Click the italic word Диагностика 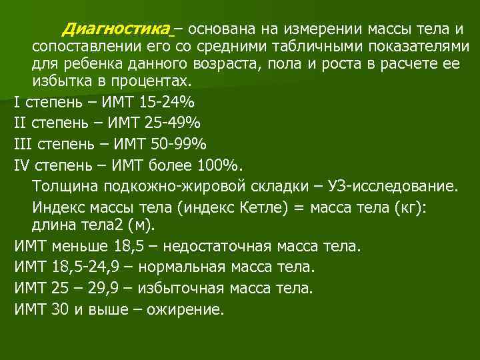pyautogui.click(x=117, y=29)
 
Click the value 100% pyautogui.click(x=223, y=165)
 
